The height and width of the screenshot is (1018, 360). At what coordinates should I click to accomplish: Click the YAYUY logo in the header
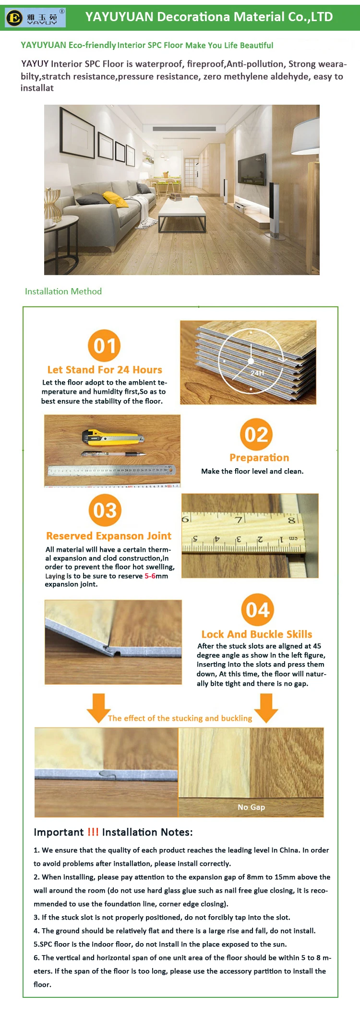[35, 17]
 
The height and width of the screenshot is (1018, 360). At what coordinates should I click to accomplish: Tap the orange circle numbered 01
[104, 345]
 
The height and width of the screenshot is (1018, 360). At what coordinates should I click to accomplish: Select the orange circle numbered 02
[256, 434]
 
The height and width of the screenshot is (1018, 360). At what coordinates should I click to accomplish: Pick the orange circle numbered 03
[105, 510]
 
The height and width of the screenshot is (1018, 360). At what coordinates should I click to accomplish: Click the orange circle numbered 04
[257, 610]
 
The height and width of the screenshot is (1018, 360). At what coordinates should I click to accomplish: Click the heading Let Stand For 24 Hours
[105, 370]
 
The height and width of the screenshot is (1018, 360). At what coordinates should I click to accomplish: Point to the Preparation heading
[259, 458]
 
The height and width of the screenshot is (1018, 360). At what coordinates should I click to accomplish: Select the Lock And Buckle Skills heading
[257, 634]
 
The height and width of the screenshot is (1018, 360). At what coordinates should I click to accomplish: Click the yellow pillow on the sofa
[115, 199]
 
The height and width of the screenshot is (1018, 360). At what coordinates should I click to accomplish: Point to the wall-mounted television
[252, 166]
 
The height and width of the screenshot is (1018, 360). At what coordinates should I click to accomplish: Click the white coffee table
[182, 212]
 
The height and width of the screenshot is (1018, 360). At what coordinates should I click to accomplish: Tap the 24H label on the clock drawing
[257, 373]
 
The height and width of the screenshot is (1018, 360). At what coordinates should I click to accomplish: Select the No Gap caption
[251, 807]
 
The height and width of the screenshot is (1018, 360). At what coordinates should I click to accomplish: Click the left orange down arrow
[98, 707]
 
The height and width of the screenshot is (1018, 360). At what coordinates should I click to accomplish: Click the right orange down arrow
[266, 707]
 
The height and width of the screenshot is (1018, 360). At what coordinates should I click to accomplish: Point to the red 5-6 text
[150, 576]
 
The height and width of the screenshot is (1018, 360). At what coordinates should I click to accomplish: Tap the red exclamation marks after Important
[93, 832]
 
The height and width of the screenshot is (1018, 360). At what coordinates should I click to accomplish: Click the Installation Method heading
[63, 291]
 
